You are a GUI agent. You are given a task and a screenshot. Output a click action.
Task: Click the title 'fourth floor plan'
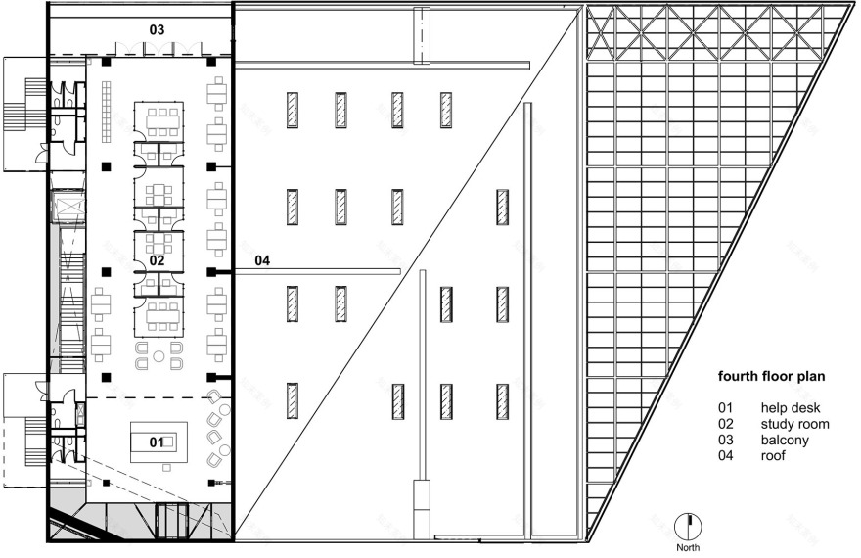point(771,376)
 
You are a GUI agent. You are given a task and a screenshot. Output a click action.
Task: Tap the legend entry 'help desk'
point(791,407)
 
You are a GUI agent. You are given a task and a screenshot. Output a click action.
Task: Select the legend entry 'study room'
point(794,424)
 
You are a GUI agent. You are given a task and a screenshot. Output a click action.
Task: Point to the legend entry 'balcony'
point(785,440)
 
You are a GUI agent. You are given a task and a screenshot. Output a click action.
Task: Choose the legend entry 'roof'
point(773,455)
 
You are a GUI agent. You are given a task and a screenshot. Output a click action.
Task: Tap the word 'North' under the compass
point(688,547)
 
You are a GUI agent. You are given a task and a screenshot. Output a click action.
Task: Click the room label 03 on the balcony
point(157,29)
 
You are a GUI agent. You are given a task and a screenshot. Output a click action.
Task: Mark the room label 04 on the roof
point(262,260)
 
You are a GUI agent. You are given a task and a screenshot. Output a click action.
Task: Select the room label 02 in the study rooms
point(157,260)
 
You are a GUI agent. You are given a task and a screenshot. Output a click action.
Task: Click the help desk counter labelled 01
point(159,442)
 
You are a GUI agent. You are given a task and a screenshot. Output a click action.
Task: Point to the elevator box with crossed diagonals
point(69,207)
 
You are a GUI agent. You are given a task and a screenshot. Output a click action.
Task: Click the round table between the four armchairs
point(159,356)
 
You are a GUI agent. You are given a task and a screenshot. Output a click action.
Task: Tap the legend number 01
point(725,407)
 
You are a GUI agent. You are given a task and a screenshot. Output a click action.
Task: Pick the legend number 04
point(725,455)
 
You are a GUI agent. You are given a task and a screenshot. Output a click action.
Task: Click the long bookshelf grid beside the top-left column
point(107,112)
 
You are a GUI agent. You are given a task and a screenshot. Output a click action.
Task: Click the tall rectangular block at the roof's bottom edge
point(423,509)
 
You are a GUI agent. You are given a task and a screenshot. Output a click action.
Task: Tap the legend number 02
point(725,424)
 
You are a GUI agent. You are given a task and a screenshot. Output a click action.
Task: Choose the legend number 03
point(725,440)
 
